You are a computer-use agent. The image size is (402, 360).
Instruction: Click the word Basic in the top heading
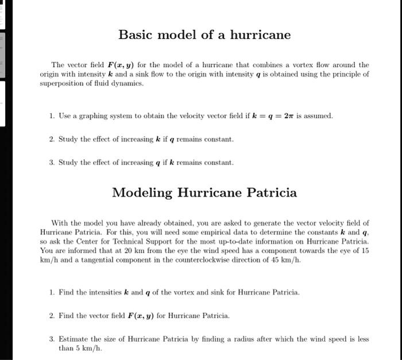(135, 35)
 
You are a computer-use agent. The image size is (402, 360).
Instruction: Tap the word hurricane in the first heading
(261, 35)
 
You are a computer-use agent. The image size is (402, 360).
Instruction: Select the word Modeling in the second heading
(141, 192)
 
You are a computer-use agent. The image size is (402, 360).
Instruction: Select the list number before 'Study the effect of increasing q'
(52, 162)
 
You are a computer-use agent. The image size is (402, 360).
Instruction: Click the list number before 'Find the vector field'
(52, 315)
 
